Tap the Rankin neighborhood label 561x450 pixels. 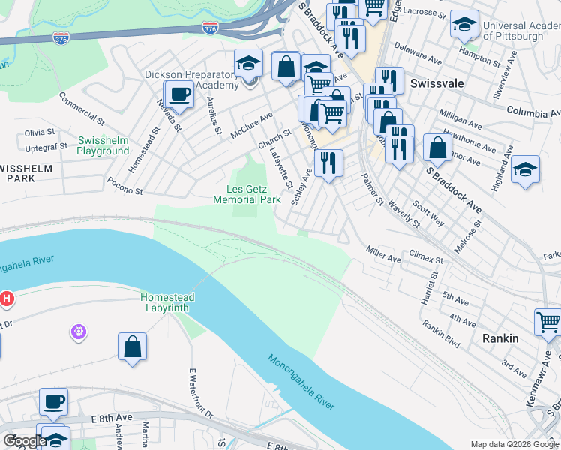[500, 338]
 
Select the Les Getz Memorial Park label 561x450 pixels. [247, 194]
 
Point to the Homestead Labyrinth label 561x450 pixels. [167, 302]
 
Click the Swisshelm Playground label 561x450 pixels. [103, 145]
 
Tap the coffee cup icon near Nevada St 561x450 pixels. [178, 94]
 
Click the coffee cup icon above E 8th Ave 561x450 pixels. [53, 400]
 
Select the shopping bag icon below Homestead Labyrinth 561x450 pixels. [132, 346]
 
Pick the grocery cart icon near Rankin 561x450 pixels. [548, 322]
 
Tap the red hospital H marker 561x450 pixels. [7, 298]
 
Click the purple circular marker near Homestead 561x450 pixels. [80, 330]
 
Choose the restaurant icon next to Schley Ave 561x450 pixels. [328, 163]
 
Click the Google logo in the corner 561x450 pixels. [24, 441]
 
